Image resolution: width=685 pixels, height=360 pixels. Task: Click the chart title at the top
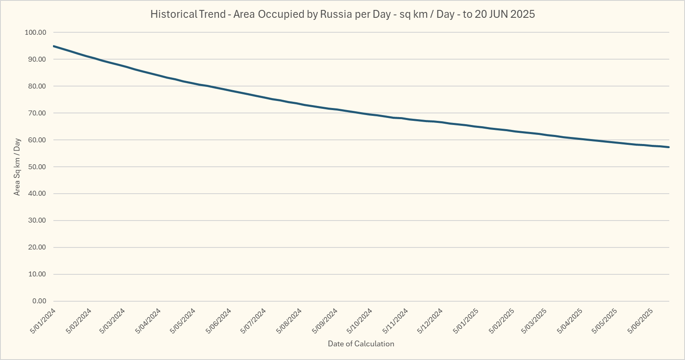[342, 14]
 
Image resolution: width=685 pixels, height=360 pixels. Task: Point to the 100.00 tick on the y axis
[36, 32]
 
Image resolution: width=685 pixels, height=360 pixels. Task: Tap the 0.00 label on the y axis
[39, 301]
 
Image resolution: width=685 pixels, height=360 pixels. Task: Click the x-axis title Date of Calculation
[361, 344]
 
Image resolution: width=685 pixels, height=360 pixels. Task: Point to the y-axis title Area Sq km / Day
[17, 167]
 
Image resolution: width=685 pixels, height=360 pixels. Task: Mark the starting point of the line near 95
[54, 46]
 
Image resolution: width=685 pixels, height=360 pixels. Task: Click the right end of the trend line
[669, 147]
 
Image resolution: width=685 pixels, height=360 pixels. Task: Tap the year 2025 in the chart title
[522, 14]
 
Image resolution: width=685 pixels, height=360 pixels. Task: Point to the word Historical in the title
[173, 14]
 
